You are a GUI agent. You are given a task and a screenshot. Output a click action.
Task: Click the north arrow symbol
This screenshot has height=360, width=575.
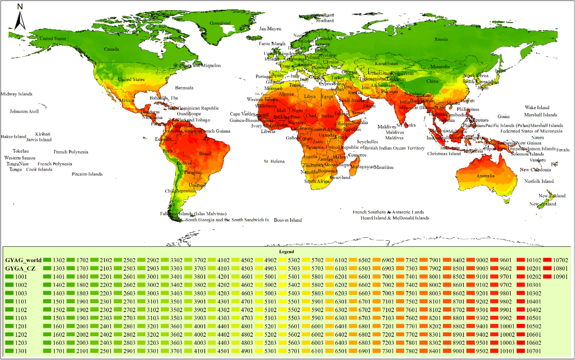(20, 20)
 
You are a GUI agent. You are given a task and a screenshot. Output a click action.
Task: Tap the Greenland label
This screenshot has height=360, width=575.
(220, 23)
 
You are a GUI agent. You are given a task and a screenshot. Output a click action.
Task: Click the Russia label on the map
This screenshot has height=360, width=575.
(441, 39)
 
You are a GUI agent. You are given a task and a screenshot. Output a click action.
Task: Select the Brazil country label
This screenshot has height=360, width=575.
(205, 153)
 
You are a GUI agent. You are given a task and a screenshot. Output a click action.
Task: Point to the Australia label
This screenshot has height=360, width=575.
(485, 176)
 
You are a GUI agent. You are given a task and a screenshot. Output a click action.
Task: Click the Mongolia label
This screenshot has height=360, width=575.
(440, 66)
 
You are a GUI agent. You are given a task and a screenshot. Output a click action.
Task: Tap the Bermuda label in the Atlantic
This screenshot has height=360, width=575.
(184, 88)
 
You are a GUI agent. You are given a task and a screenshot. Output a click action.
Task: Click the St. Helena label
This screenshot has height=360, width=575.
(274, 161)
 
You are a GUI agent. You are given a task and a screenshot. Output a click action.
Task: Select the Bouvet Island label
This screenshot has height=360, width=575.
(288, 220)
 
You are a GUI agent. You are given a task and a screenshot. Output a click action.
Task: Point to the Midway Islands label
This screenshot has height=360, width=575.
(17, 94)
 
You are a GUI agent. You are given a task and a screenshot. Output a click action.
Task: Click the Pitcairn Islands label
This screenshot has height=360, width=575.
(87, 174)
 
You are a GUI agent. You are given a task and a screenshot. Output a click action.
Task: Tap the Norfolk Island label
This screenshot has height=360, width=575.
(539, 181)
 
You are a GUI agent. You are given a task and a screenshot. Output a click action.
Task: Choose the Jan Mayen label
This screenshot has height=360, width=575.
(270, 29)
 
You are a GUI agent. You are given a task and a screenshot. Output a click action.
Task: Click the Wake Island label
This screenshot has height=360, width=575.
(537, 107)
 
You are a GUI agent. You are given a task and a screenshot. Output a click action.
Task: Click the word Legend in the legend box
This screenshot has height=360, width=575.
(286, 252)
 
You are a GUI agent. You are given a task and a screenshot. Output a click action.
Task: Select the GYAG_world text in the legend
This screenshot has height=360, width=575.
(23, 260)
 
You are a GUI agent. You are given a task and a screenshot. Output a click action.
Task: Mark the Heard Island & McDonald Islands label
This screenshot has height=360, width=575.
(394, 218)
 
